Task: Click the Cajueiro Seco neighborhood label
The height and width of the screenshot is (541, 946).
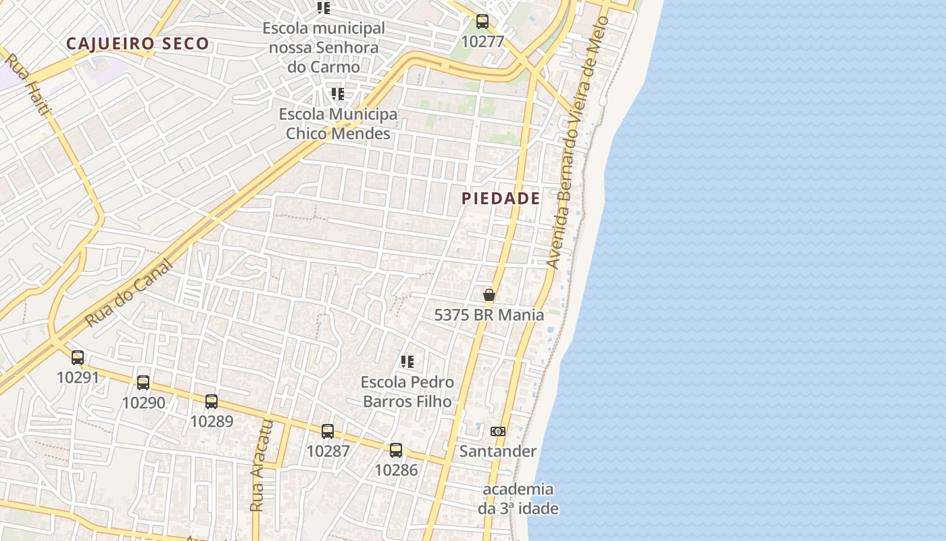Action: coord(138,44)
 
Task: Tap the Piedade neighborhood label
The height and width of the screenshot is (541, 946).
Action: coord(501,198)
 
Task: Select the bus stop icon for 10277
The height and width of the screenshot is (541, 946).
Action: coord(482,22)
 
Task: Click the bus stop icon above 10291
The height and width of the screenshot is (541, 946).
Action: coord(78,358)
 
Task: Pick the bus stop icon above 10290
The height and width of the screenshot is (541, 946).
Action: coord(143,383)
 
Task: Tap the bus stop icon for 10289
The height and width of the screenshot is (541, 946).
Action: coord(211,402)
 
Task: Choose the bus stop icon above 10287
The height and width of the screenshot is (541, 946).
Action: coord(328,431)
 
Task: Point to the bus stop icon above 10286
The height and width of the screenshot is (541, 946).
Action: coord(396,450)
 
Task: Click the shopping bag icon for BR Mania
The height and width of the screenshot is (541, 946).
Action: coord(489,295)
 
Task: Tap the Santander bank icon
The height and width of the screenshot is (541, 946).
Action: coord(498,431)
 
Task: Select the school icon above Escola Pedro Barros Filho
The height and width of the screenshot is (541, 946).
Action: coord(407,362)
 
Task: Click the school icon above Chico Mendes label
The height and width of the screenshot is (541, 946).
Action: coord(338,94)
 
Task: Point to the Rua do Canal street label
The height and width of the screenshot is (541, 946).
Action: coord(129,293)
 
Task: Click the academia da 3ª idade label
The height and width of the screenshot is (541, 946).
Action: coord(518,498)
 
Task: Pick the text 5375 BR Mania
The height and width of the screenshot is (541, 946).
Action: coord(489,314)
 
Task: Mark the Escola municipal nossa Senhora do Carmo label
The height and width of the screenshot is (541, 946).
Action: coord(324,47)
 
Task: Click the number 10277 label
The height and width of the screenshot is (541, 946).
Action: coord(482,41)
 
